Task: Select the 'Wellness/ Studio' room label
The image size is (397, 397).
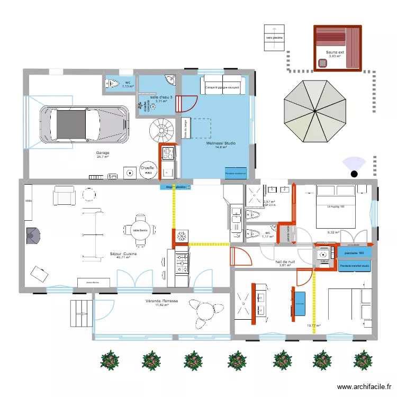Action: (222, 143)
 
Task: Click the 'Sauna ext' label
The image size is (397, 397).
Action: (335, 52)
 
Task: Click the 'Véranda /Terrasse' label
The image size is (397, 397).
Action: (162, 301)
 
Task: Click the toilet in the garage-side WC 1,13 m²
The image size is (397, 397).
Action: (112, 83)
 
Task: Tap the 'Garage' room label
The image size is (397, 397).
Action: (102, 153)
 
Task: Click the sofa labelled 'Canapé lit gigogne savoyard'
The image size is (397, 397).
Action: (222, 86)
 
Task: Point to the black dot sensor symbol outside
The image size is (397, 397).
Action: (354, 174)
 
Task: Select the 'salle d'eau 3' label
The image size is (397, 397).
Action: (161, 97)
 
